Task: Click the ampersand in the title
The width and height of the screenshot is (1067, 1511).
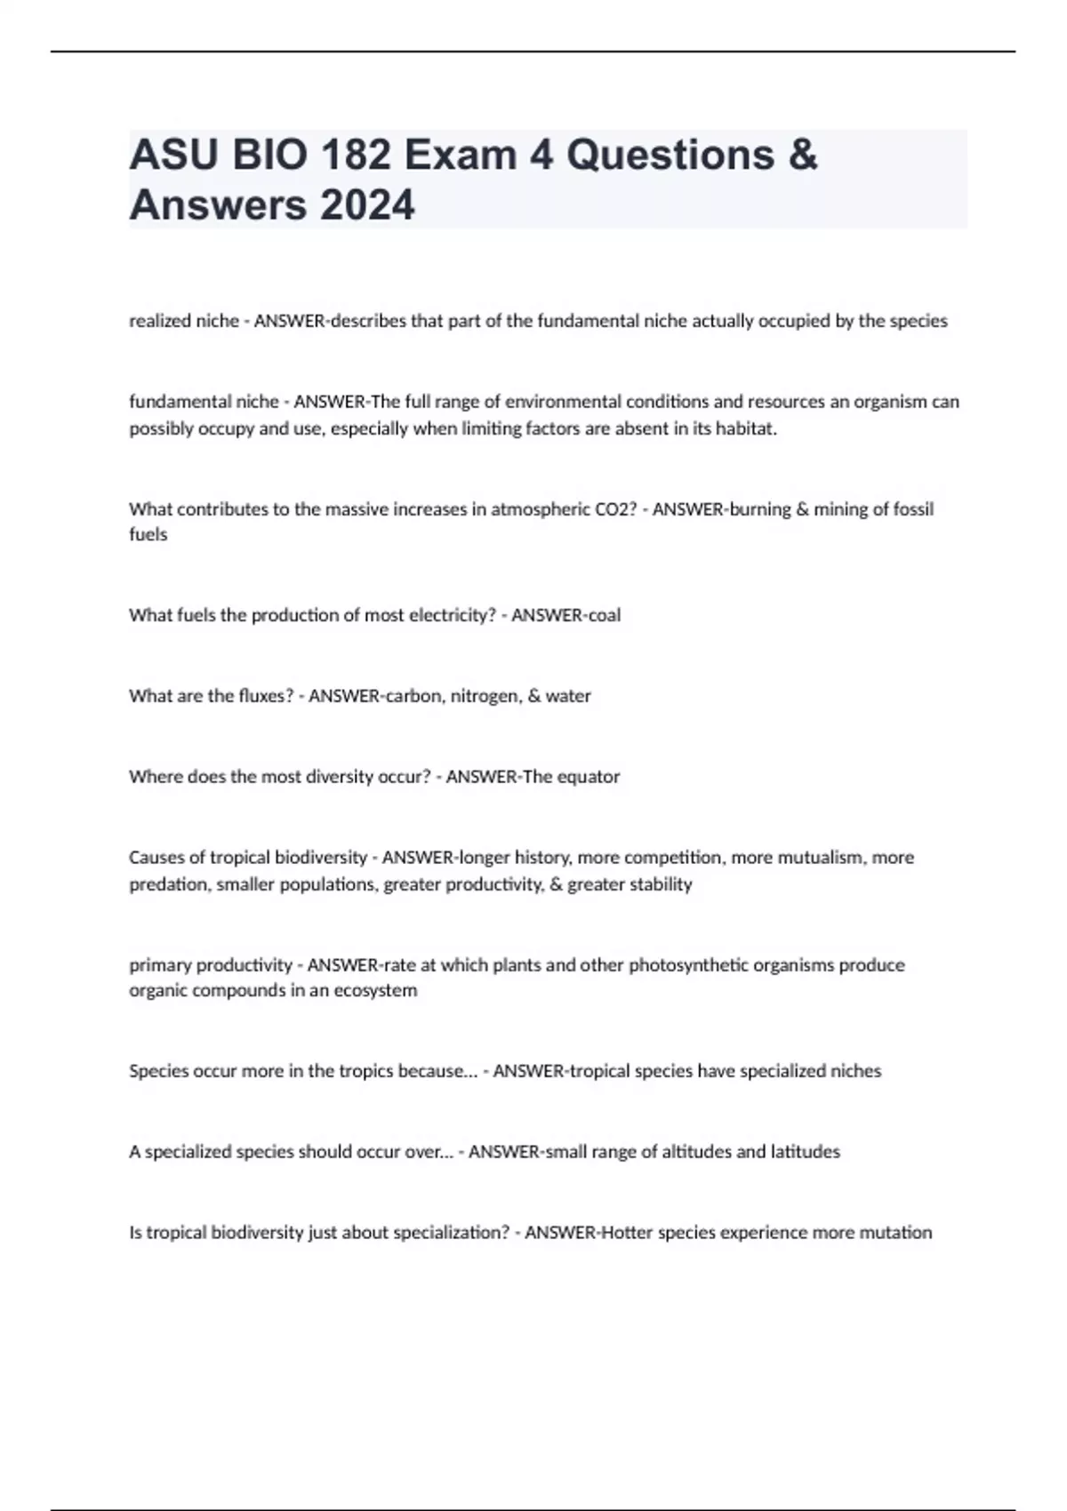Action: [802, 156]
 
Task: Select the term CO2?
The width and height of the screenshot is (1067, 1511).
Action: [615, 509]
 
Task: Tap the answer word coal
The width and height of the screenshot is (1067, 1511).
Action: [605, 615]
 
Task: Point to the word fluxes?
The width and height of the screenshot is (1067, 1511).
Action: [263, 696]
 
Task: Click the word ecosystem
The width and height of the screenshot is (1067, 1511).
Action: [375, 990]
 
